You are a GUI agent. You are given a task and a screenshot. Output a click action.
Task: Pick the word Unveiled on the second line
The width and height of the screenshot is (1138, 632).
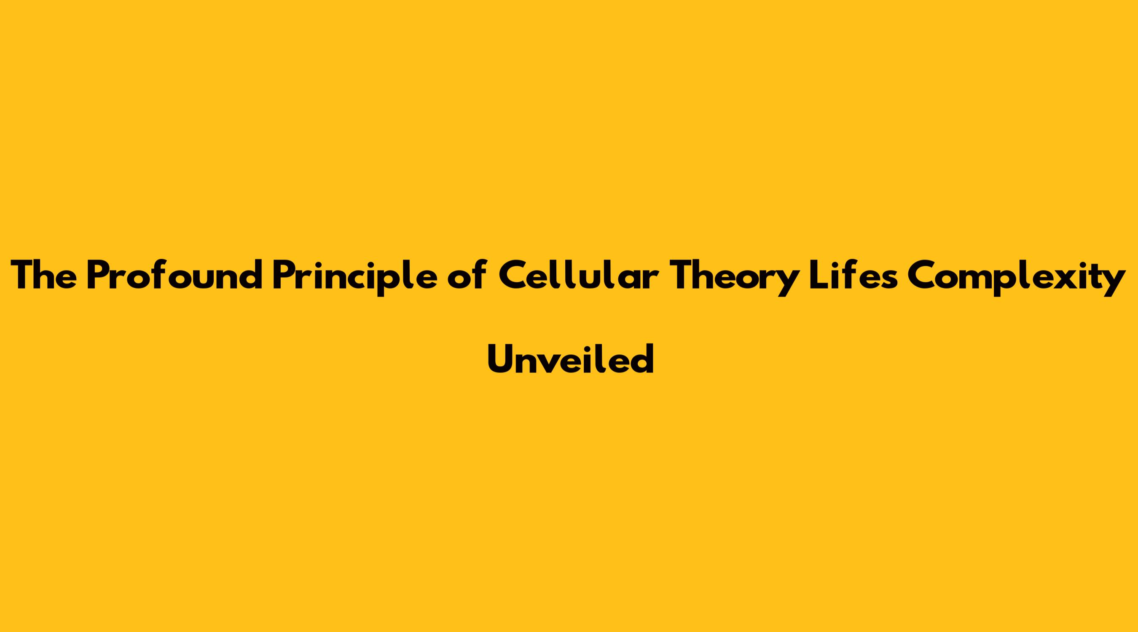[x=570, y=359]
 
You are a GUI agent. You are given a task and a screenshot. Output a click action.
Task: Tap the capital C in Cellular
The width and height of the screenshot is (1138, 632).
[x=513, y=276]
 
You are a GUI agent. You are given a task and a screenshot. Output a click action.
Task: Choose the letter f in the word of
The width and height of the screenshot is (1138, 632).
[x=478, y=275]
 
